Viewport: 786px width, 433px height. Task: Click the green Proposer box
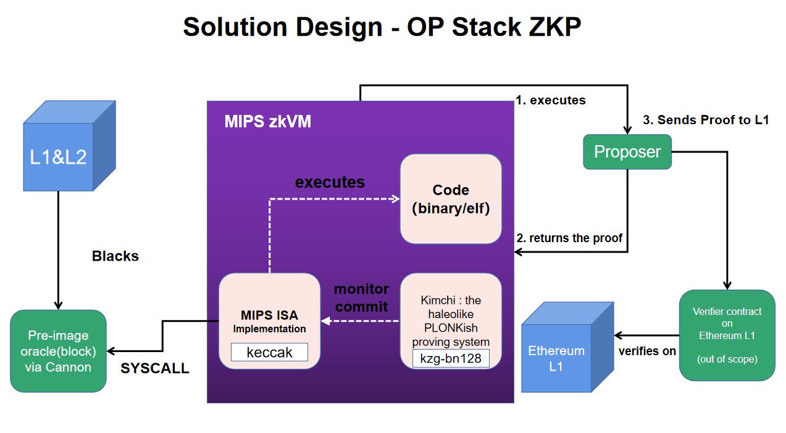point(627,152)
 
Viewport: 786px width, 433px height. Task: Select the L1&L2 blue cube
point(59,158)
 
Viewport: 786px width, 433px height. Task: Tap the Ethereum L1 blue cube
point(556,358)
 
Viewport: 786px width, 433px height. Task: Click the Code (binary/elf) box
point(451,199)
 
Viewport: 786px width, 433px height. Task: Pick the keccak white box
point(269,352)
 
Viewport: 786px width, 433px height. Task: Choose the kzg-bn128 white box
point(451,358)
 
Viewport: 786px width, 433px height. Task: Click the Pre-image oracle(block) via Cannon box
point(59,351)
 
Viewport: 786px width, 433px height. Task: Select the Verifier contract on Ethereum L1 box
point(727,335)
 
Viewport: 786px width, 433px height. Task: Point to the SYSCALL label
point(155,369)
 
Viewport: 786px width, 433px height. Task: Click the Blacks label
point(115,256)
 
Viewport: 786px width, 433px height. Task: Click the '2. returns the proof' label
point(570,238)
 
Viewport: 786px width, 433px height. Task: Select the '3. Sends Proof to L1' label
point(706,120)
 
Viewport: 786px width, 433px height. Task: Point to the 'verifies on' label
point(648,351)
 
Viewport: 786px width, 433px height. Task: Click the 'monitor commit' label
point(361,298)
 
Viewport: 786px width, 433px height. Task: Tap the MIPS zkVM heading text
point(267,121)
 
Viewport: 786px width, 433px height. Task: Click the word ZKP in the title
point(546,28)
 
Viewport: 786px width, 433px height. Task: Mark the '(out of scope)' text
point(727,359)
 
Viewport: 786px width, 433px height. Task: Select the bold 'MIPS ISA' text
point(269,316)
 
